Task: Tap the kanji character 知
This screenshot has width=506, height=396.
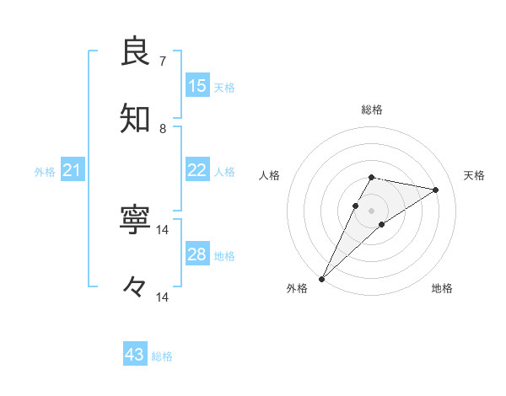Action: [x=136, y=119]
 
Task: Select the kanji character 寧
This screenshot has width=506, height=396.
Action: [x=136, y=220]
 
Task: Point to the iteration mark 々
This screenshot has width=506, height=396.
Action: [x=135, y=287]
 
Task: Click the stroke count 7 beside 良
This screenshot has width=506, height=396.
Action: [x=163, y=61]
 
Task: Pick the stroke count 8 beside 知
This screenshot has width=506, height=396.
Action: [x=163, y=129]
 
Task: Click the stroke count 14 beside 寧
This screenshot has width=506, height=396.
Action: [x=163, y=229]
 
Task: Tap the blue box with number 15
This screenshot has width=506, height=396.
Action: [x=196, y=86]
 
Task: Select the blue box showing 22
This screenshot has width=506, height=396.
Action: [x=196, y=170]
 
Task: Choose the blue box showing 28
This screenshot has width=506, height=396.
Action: [x=196, y=254]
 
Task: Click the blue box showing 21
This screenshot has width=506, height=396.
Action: [x=72, y=171]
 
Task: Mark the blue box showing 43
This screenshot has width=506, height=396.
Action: [x=135, y=355]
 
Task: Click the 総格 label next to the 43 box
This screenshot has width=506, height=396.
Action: [x=163, y=356]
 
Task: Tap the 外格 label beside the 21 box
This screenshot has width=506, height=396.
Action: [x=45, y=172]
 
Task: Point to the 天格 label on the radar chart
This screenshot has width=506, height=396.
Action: [x=475, y=175]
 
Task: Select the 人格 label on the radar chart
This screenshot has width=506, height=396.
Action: [x=269, y=175]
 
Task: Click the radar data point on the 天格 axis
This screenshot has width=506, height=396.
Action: [x=436, y=190]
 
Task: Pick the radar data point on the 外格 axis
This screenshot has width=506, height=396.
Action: [x=321, y=278]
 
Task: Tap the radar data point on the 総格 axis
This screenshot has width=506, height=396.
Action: [x=372, y=177]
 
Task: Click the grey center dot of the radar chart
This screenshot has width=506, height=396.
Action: [x=372, y=210]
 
